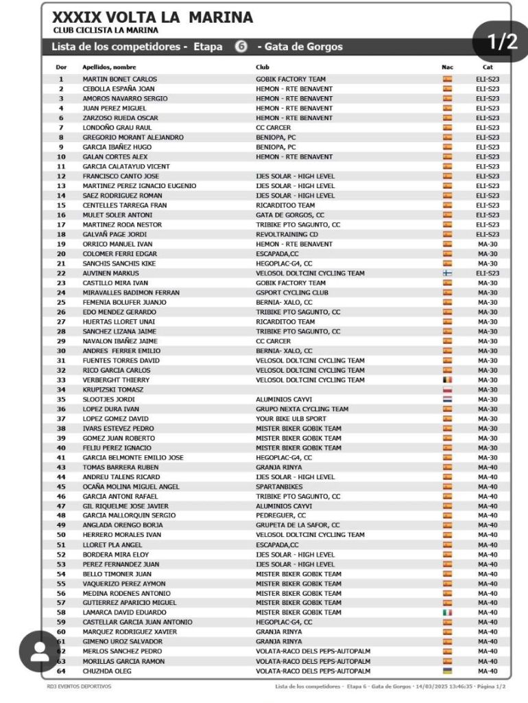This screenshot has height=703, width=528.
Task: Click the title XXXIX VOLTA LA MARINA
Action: click(152, 17)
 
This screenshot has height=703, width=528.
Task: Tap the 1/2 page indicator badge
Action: click(503, 42)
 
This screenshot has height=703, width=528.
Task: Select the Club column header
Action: click(263, 67)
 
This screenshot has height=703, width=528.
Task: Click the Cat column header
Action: click(488, 67)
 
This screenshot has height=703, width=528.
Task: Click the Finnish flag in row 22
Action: click(448, 273)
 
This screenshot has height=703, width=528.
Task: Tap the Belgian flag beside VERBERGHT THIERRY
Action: click(448, 380)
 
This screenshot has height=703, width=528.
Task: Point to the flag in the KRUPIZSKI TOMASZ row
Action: click(448, 389)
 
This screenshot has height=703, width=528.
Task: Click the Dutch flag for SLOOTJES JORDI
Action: click(448, 399)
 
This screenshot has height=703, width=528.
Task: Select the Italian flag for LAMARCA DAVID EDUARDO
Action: click(448, 612)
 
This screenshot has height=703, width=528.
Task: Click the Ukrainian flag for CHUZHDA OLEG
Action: click(448, 671)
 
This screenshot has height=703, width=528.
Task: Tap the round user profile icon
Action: click(40, 652)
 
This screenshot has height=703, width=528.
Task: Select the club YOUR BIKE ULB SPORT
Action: click(291, 419)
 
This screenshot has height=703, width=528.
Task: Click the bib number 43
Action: click(61, 468)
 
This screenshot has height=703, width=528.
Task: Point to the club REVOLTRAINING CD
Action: click(287, 234)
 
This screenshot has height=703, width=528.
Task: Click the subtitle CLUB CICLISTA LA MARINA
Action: click(105, 30)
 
